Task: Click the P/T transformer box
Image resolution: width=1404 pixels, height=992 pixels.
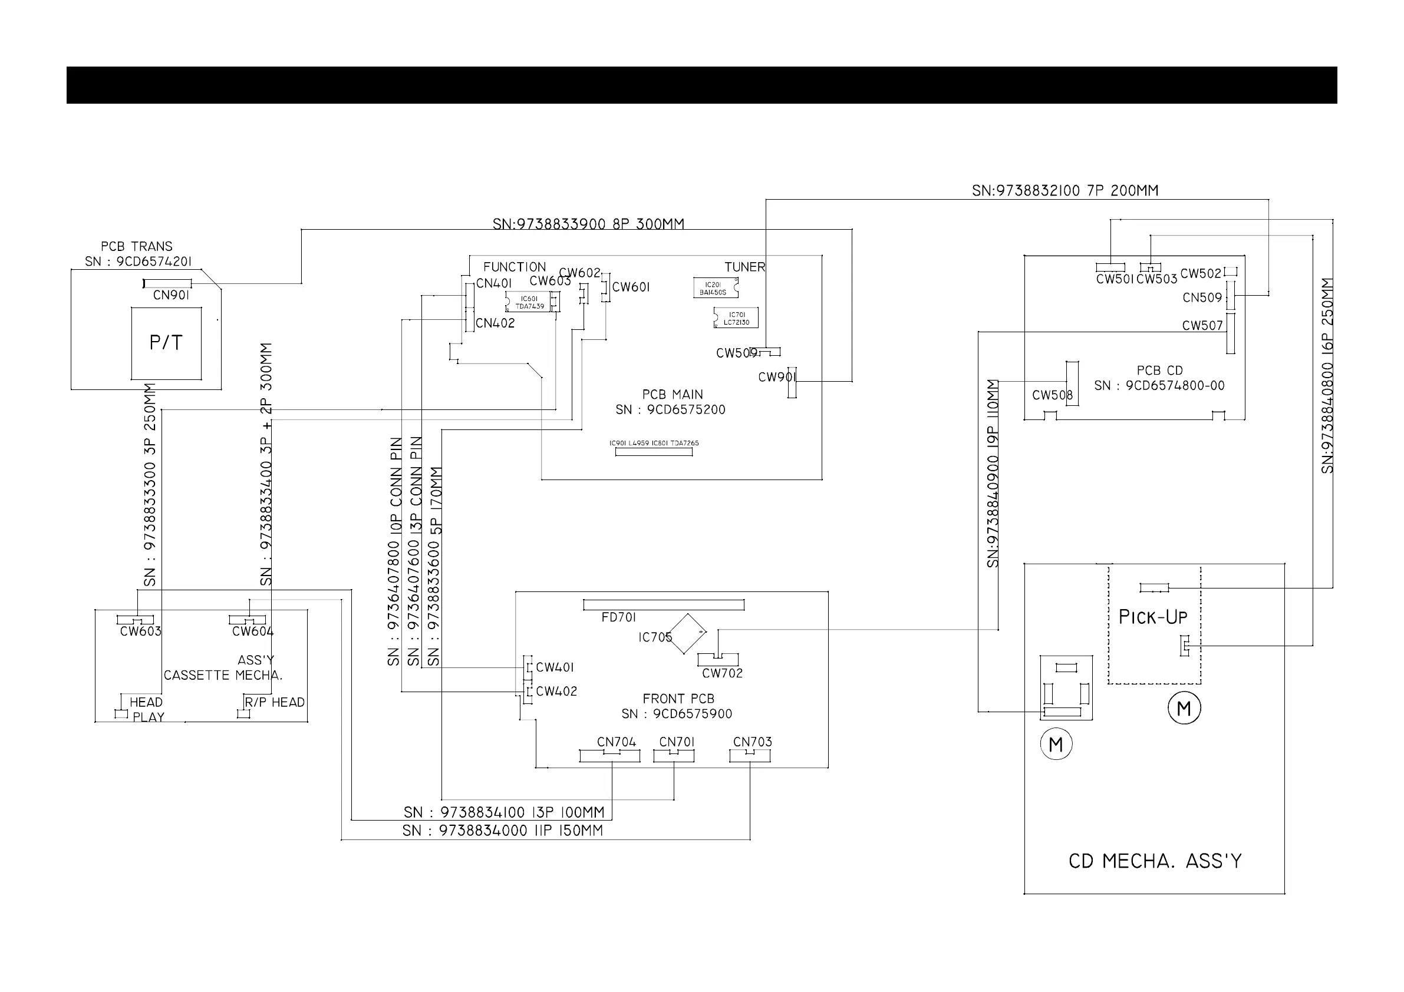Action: coord(166,343)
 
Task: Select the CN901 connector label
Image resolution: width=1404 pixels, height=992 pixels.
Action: coord(171,296)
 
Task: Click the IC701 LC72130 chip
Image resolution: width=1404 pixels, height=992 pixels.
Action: coord(736,319)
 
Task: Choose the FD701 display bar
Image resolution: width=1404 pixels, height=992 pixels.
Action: coord(664,605)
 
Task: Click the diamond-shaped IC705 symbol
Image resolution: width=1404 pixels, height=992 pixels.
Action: coord(687,633)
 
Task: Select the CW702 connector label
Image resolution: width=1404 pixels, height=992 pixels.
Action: coord(722,673)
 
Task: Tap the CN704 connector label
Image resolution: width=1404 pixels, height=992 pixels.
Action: coord(617,742)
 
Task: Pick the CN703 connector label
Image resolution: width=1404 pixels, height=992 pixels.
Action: coord(752,742)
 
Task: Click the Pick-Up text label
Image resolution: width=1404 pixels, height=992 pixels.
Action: coord(1153,617)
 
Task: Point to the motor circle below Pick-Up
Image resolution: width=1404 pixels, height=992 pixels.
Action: coord(1184,709)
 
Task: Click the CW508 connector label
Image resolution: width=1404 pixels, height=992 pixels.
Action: coord(1052,395)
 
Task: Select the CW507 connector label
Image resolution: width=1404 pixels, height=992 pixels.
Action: coord(1202,326)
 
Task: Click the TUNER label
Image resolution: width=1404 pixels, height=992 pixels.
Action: coord(745,267)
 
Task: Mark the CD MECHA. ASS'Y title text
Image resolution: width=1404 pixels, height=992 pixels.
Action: coord(1155,861)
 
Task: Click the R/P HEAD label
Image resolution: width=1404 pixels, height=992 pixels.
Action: coord(275,703)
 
